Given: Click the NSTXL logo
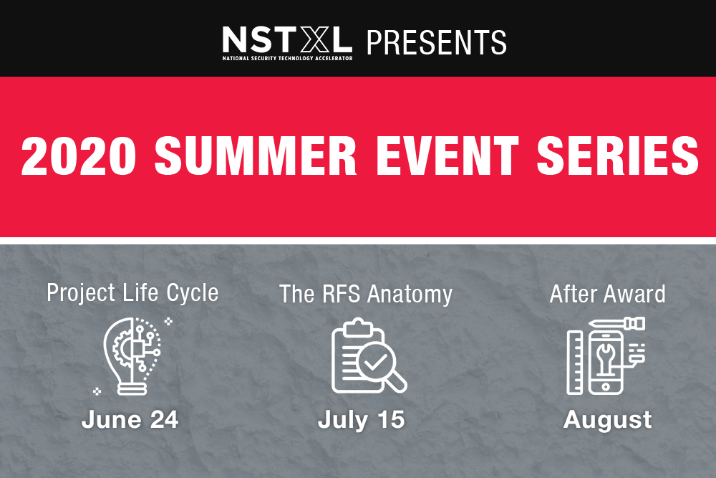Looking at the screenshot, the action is click(287, 43).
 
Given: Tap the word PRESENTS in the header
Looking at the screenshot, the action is click(437, 42).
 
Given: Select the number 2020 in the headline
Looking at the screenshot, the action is click(79, 156).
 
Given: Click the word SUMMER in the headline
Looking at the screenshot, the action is click(256, 156).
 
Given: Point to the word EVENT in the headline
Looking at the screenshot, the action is click(447, 156).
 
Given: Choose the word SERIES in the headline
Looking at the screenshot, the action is click(618, 156).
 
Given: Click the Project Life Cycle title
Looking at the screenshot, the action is click(132, 293).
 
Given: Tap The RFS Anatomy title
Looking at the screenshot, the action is click(366, 294).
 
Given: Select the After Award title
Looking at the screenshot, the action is click(607, 294).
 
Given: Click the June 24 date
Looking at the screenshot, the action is click(130, 419).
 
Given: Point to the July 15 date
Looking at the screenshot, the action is click(361, 420).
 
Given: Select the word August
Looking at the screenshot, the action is click(607, 420).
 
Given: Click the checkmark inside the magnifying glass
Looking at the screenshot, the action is click(375, 363).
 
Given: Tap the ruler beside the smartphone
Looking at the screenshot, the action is click(575, 363).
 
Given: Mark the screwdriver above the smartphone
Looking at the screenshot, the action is click(617, 323).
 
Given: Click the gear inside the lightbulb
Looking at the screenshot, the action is click(122, 351).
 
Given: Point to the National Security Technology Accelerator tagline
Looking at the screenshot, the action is click(287, 59).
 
